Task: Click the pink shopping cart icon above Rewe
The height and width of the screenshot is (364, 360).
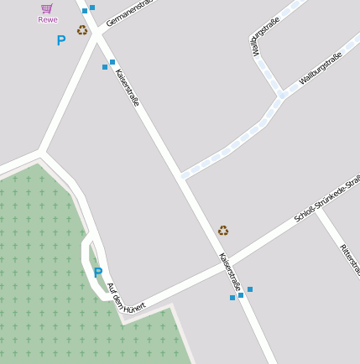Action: tap(47, 8)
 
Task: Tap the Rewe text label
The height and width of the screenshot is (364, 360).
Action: tap(48, 19)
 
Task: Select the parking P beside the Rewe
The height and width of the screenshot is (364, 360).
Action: tap(60, 39)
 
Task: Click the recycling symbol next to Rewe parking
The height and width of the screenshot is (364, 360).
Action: tap(82, 30)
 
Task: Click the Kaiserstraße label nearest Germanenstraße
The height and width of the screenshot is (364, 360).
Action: tap(128, 87)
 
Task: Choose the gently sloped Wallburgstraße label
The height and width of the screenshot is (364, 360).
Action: tap(321, 69)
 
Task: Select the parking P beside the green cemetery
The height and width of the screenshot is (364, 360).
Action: tap(98, 273)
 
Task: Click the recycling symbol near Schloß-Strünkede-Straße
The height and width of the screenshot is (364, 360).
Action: tap(223, 230)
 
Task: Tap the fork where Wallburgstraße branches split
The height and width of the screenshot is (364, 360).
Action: tap(281, 95)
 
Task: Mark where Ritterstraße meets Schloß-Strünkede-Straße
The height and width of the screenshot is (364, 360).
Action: tap(318, 210)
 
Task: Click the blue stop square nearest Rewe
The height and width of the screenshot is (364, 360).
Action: tap(85, 11)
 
